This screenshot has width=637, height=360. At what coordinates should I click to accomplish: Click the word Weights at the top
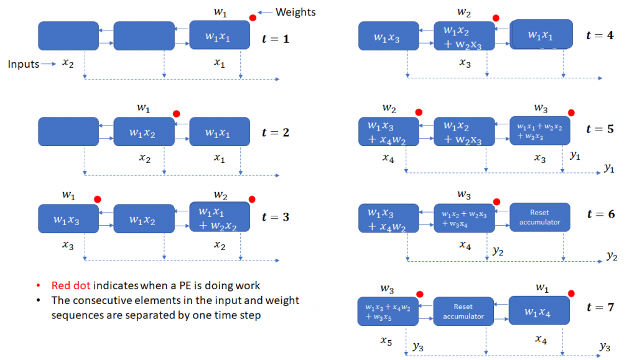[x=296, y=12]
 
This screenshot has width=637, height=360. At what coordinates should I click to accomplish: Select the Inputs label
[x=23, y=63]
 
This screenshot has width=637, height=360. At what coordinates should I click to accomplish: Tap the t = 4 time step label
[x=600, y=35]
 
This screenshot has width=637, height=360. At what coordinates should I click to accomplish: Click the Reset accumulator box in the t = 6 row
[x=540, y=218]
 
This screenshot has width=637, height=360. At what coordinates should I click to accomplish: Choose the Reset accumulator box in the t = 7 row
[x=463, y=311]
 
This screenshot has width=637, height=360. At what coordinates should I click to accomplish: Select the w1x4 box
[x=539, y=311]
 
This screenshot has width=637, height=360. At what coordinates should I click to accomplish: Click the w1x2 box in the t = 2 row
[x=144, y=132]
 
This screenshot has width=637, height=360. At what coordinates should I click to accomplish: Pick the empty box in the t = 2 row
[x=68, y=132]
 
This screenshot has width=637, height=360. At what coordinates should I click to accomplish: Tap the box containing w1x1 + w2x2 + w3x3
[x=539, y=131]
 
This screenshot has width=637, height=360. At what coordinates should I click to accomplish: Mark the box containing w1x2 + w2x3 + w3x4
[x=463, y=218]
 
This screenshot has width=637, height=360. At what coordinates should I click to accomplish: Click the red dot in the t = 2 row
[x=176, y=114]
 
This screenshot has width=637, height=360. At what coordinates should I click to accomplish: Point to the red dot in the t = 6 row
[x=496, y=202]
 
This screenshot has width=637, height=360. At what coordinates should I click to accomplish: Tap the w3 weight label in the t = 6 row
[x=463, y=195]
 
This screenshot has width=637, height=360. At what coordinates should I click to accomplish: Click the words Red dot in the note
[x=70, y=285]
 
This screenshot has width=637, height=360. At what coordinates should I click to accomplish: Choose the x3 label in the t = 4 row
[x=465, y=62]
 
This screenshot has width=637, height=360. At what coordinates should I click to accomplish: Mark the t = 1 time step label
[x=276, y=39]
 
